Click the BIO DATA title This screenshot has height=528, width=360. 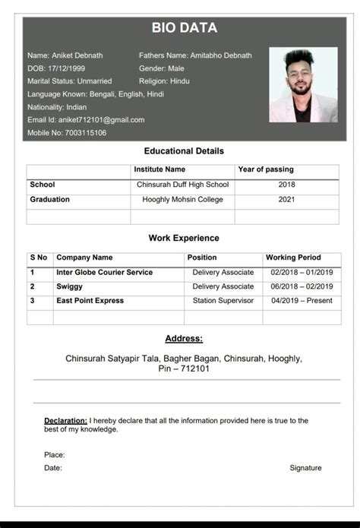[184, 28]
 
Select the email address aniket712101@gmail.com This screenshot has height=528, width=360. [96, 120]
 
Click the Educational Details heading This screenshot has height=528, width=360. [184, 151]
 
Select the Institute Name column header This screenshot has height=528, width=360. [159, 169]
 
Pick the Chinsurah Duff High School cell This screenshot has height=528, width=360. [182, 185]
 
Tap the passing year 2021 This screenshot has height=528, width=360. [286, 200]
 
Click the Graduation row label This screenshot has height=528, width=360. [49, 200]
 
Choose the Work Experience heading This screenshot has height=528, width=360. [184, 239]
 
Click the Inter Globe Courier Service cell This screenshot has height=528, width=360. [104, 272]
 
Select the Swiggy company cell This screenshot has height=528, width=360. [69, 286]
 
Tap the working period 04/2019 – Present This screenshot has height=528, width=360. [302, 301]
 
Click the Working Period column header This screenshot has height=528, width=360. [293, 258]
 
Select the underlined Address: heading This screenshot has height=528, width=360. [184, 338]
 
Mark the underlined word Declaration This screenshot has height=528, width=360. [65, 420]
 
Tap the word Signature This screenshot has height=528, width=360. [305, 468]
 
